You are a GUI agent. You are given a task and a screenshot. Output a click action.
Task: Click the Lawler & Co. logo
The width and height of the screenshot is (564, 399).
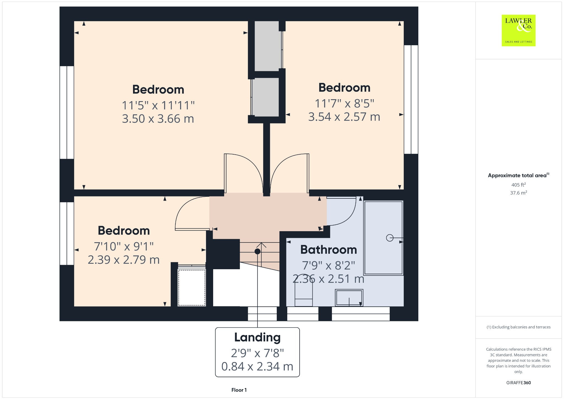518,30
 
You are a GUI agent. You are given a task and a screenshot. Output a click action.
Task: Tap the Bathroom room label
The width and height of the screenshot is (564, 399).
329,250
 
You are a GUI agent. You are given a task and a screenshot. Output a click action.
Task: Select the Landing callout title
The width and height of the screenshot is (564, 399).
257,337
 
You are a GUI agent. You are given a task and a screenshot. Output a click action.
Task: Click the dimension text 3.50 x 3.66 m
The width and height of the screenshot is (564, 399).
158,119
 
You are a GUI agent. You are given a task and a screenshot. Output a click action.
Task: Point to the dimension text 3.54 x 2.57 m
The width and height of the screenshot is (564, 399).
344,117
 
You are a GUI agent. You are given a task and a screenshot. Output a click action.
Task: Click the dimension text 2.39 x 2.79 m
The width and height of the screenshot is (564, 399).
124,260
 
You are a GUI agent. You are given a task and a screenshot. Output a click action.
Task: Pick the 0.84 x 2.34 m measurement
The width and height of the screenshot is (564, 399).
257,366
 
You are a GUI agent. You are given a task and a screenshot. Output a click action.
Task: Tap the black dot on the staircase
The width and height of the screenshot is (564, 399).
257,251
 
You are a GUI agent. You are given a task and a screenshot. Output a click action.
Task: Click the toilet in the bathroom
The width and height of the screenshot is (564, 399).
303,294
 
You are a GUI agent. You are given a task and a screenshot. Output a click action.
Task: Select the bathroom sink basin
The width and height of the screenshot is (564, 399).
349,297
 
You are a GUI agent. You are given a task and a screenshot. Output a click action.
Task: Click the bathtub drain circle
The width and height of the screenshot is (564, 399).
390,238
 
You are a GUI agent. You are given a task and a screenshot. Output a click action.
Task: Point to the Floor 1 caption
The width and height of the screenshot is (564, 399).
239,390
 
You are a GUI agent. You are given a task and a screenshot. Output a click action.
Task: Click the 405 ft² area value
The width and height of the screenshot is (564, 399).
518,185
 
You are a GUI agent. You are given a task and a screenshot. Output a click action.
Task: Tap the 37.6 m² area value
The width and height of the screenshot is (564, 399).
518,193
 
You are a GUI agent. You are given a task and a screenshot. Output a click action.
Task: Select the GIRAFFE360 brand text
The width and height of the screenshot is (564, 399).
518,382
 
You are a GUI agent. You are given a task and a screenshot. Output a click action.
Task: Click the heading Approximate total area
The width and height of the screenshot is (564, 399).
517,176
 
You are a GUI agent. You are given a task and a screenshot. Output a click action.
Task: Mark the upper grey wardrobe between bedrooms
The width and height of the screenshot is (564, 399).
267,46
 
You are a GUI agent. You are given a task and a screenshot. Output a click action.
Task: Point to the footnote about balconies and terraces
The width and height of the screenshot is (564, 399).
518,327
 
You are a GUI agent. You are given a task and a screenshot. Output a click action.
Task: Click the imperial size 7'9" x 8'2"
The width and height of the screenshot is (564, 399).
329,266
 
